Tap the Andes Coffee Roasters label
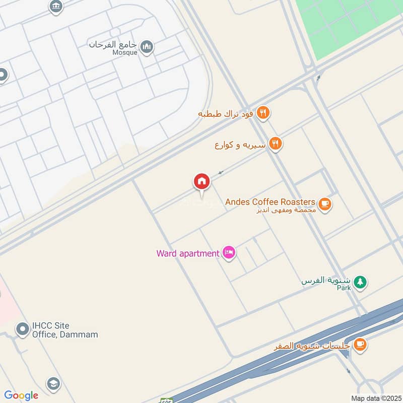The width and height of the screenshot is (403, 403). pos(271,202)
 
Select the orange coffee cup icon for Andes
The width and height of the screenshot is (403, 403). pos(325,205)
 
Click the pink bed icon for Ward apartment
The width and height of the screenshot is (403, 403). pos(229,253)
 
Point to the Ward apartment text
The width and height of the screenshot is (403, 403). pos(187,253)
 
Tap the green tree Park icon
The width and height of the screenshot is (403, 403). pos(359,282)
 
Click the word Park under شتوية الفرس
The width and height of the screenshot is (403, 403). pos(344,288)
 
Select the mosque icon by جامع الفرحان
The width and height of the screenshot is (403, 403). pos(147,47)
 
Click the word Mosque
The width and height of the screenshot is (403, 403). pos(125,52)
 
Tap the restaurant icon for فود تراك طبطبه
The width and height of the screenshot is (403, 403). pos(262,113)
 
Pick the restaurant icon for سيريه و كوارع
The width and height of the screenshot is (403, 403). pos(275,145)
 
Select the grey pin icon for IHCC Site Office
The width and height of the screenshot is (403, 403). pos(22,329)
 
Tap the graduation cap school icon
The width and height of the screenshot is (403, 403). pos(53,383)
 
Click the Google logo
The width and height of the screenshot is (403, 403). pos(21,395)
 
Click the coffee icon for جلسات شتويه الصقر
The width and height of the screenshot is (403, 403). pos(359,345)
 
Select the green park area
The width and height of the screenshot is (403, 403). pos(348,25)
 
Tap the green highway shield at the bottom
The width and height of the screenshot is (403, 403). pos(166,401)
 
